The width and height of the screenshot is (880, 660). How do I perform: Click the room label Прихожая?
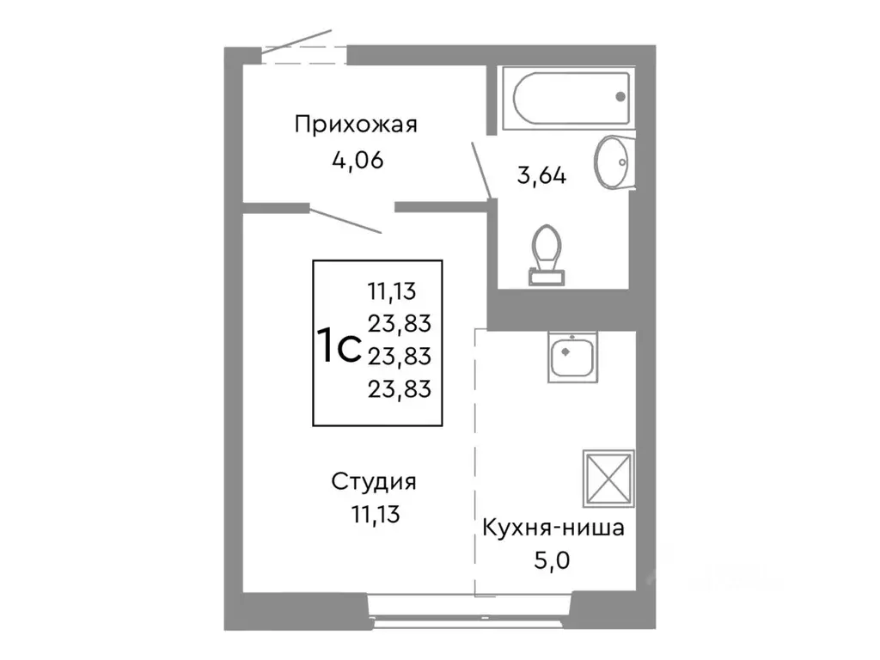pos(355,125)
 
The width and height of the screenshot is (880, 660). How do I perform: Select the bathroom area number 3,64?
pos(541,175)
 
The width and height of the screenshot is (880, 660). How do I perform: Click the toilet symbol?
pos(547,254)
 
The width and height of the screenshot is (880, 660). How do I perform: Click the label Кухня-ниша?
pos(552,528)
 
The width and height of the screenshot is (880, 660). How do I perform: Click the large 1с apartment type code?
pos(338,346)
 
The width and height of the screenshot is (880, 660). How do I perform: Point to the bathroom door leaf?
pos(480,168)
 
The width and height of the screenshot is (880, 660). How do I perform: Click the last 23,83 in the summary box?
pos(399,388)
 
